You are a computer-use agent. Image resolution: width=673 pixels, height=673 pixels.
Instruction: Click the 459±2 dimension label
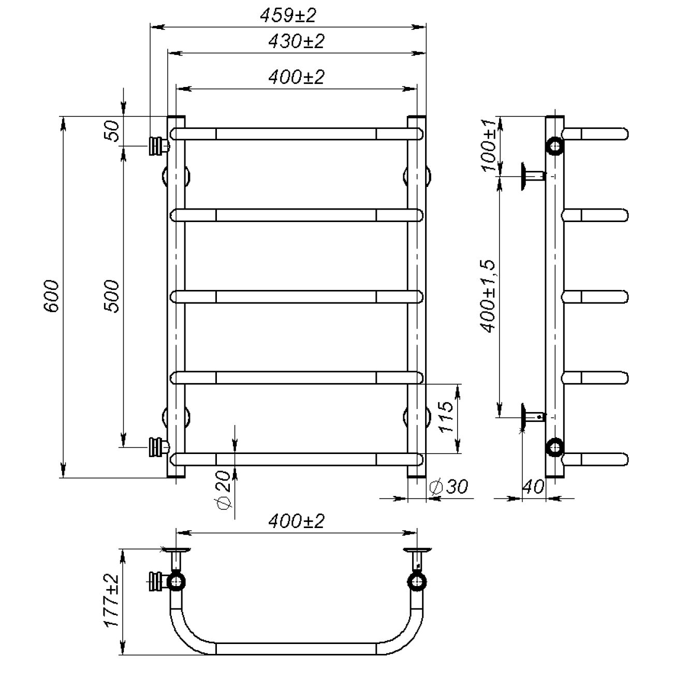[x=288, y=16]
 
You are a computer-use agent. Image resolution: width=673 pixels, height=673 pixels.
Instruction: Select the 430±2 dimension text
[x=296, y=41]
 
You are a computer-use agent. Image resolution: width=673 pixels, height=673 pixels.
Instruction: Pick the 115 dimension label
[x=446, y=417]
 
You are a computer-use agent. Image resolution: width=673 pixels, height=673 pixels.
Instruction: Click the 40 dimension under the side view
[x=533, y=487]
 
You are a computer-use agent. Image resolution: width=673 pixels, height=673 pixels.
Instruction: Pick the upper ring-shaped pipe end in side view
[x=555, y=146]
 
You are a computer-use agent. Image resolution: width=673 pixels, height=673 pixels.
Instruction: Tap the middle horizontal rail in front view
[x=296, y=296]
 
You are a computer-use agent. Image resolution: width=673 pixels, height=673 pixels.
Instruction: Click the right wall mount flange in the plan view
[x=417, y=551]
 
